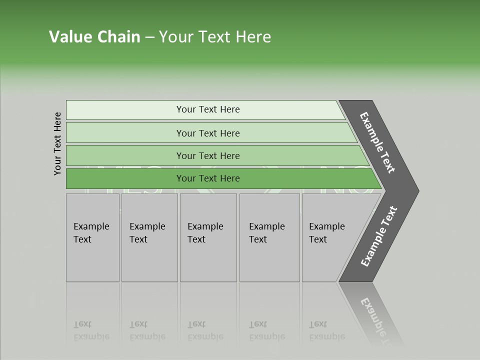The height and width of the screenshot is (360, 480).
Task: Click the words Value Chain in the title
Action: (94, 37)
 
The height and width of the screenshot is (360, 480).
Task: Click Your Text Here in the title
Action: (215, 37)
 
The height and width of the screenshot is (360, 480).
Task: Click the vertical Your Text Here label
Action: (57, 143)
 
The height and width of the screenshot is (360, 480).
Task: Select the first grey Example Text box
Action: (92, 237)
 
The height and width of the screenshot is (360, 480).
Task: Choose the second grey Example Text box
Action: (149, 237)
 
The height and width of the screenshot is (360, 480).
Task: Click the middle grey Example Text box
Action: (208, 237)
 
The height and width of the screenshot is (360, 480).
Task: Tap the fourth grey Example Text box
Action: (269, 237)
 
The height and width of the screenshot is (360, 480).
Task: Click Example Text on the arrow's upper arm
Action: (377, 142)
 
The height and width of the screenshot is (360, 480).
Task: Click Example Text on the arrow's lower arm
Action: (378, 236)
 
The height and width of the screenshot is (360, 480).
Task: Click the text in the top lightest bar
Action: (208, 109)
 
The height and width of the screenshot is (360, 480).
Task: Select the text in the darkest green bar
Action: (208, 178)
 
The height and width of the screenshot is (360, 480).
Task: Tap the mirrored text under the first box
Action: (91, 331)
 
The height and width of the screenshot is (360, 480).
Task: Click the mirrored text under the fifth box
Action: (326, 331)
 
